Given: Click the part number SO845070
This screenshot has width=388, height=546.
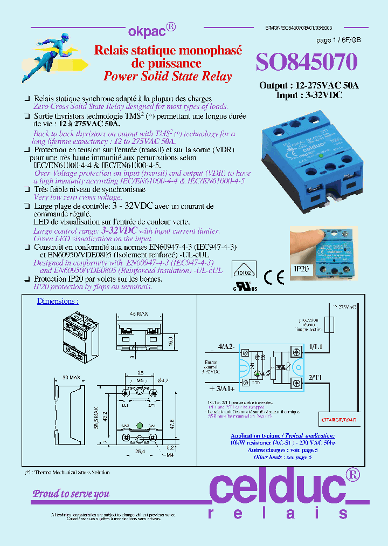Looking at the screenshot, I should point(306,63).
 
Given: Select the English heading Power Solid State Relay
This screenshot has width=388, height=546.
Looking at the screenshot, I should point(167,76).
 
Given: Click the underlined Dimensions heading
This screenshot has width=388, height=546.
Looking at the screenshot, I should point(58,301).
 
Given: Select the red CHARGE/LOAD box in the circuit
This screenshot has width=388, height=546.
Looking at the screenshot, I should point(339,419).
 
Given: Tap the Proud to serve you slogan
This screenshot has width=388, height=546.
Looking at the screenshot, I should point(71,493).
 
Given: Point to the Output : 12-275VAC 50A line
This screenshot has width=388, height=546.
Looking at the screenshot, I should point(309,86).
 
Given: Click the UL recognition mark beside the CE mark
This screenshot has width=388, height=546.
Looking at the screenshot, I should point(245,287).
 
